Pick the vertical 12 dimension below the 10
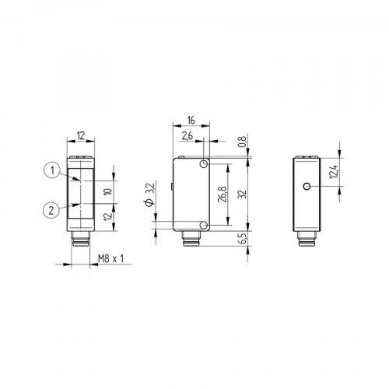[x=108, y=214]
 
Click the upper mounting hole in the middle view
[x=204, y=165]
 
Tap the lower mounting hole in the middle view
[x=204, y=224]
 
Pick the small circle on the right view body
[x=308, y=187]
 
